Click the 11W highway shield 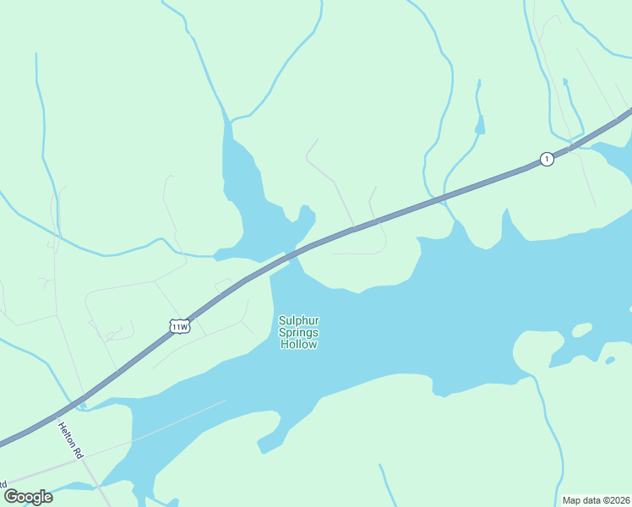coord(179,327)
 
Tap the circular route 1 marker coord(547,159)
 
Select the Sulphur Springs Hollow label coord(298,332)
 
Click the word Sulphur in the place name coord(298,319)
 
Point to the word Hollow coord(299,345)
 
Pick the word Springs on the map coord(298,332)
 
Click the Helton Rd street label coord(71,440)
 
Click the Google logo coord(29,497)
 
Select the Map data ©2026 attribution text coord(596,500)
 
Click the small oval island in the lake coord(582,330)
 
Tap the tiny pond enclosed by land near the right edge coord(610,361)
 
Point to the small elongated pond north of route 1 coord(480,124)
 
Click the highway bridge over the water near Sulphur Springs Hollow coord(291,253)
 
